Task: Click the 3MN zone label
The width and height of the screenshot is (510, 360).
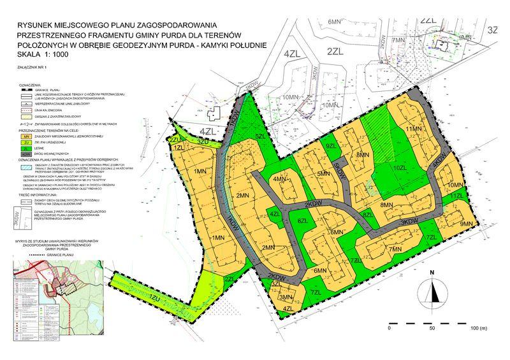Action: click(286, 297)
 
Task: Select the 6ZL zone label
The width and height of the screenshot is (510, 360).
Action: click(303, 220)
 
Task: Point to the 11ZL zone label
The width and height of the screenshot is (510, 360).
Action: click(455, 197)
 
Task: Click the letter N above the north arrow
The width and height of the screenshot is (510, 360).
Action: click(432, 272)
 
